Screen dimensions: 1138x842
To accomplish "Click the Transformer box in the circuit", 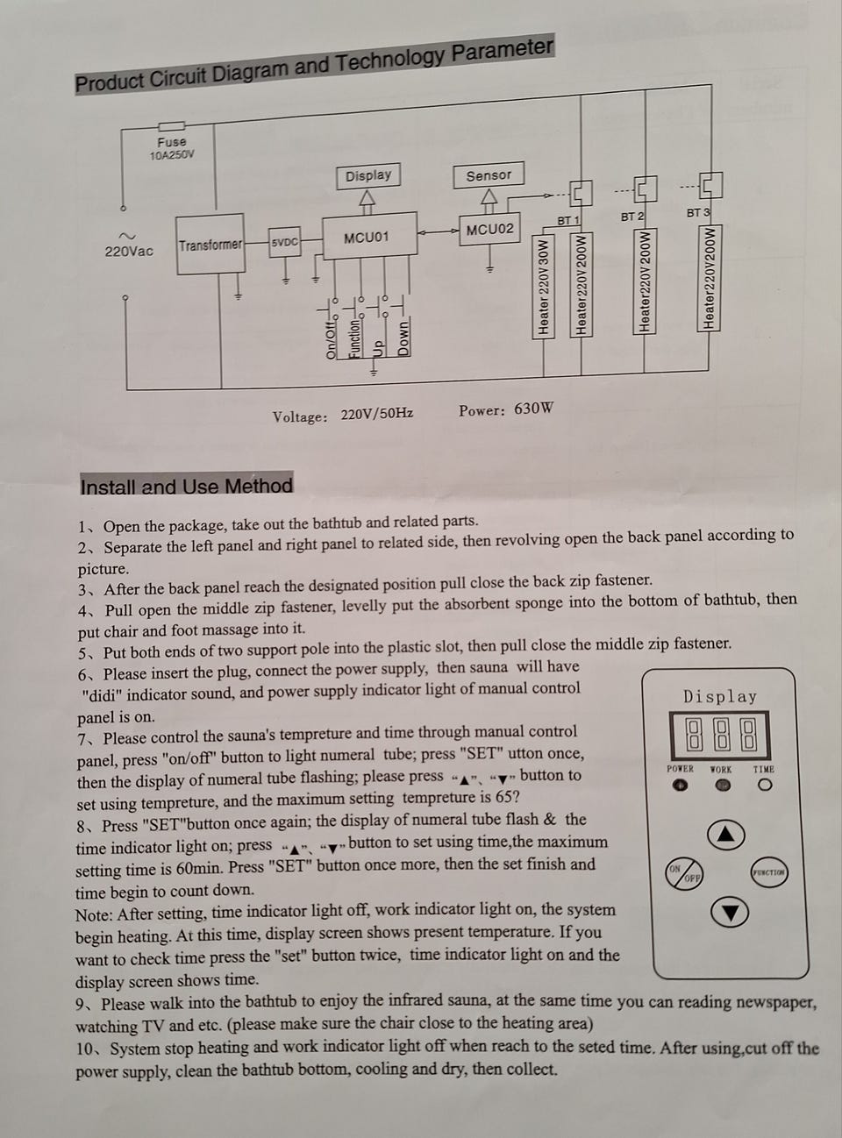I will pos(210,245).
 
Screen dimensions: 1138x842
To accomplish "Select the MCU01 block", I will pos(366,238).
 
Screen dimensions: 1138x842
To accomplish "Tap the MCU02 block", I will pos(489,230).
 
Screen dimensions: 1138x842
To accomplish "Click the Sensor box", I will pos(489,175).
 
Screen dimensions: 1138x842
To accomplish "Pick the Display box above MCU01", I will pos(367,175).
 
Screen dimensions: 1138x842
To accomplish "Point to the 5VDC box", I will pos(284,243).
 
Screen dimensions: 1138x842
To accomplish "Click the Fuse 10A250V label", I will pos(172,148).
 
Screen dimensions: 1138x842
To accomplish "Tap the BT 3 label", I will pos(698,212).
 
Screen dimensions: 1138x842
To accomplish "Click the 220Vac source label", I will pos(129,251).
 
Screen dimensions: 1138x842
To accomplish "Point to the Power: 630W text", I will pos(506,409).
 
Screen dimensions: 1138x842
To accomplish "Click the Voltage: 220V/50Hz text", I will pos(343,415).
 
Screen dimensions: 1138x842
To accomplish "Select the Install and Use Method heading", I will pos(186,487).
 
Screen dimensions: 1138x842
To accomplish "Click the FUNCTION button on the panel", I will pos(768,872).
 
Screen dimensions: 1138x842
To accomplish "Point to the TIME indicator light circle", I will pos(765,786).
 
